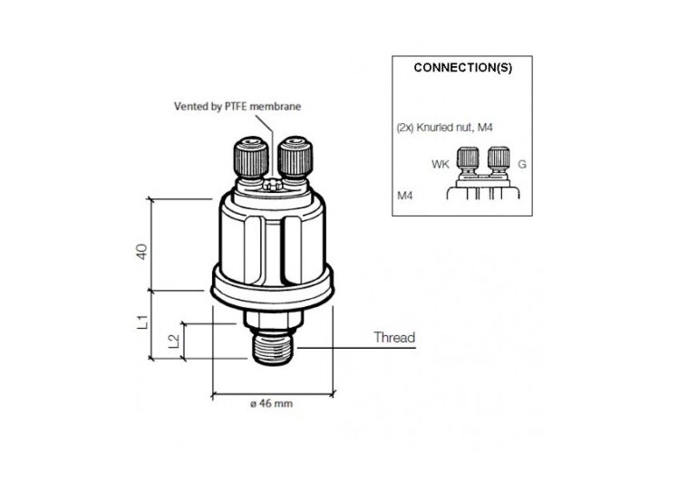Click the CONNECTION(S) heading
(x=461, y=68)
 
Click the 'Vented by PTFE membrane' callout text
(x=237, y=106)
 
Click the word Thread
(x=394, y=338)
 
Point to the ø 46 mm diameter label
(x=271, y=404)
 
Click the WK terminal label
(x=441, y=164)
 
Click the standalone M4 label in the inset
(x=404, y=195)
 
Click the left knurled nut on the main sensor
(x=250, y=159)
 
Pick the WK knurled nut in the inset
(x=468, y=161)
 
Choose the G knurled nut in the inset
(x=495, y=161)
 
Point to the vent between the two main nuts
(x=271, y=183)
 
